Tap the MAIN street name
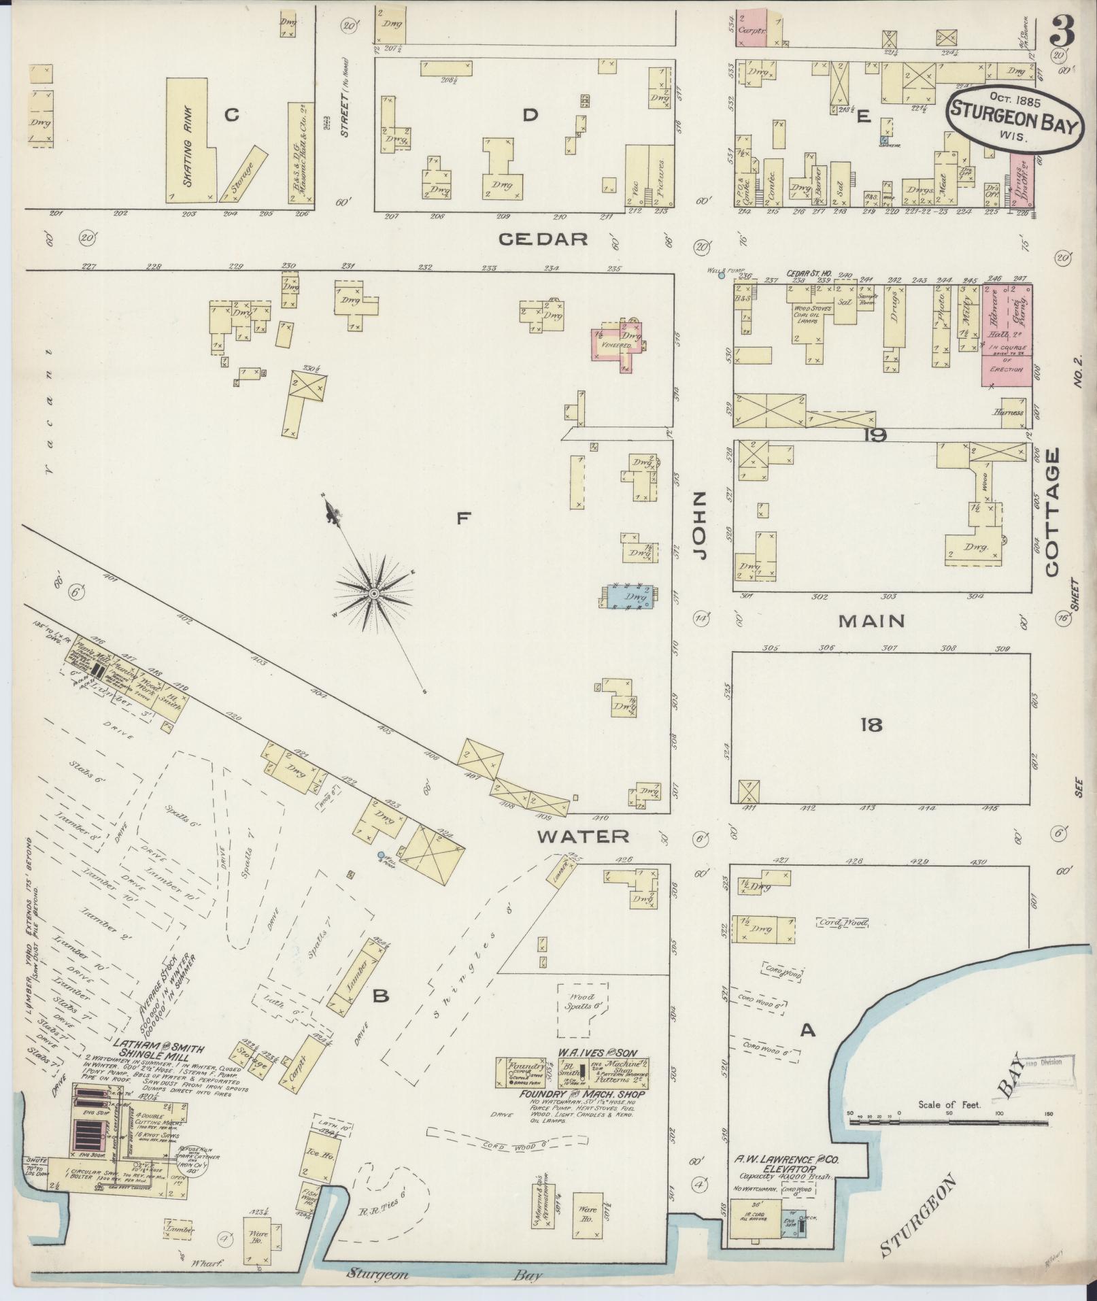(x=871, y=620)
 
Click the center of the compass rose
(x=373, y=594)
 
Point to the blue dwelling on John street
(x=631, y=595)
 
